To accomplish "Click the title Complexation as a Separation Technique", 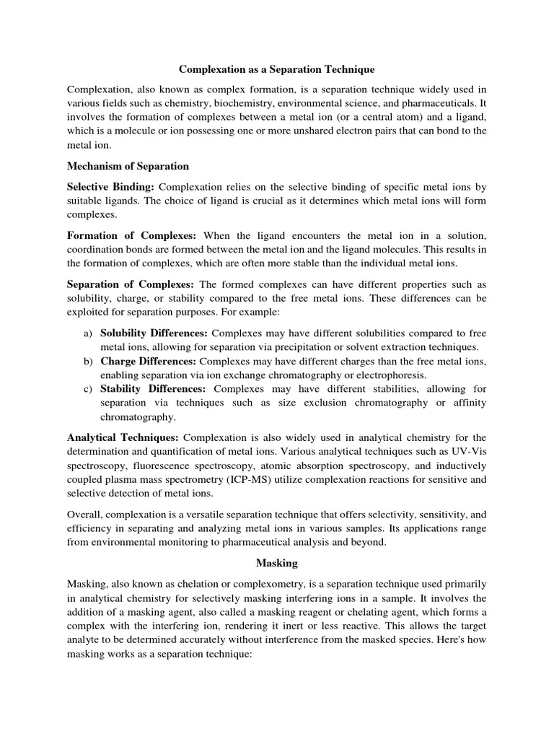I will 277,69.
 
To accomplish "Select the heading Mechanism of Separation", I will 128,166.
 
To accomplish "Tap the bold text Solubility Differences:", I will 154,333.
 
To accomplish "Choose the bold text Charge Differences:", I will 148,361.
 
